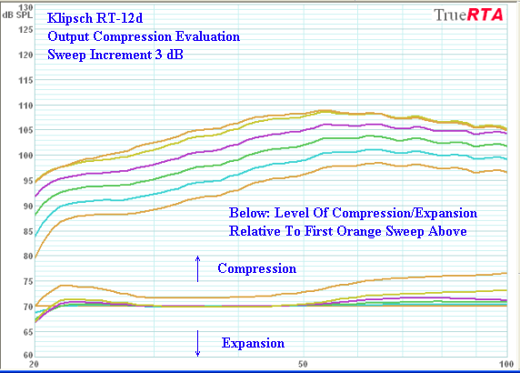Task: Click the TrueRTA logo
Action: tap(468, 15)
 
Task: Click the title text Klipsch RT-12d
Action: tap(95, 18)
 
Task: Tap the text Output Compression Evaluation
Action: tap(144, 36)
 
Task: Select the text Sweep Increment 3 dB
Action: tap(115, 55)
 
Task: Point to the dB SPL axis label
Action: tap(17, 15)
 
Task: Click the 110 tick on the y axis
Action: tap(25, 106)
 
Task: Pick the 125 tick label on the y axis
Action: tap(25, 30)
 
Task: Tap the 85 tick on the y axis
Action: tap(28, 231)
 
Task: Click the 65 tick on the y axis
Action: tap(28, 332)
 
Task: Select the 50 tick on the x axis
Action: tap(303, 364)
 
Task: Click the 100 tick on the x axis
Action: tap(506, 364)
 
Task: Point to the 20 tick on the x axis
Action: tap(34, 364)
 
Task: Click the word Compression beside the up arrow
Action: tap(257, 268)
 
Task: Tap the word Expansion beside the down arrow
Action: tap(253, 343)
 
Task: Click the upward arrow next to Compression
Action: tap(197, 268)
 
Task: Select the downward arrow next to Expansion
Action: tap(197, 344)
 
